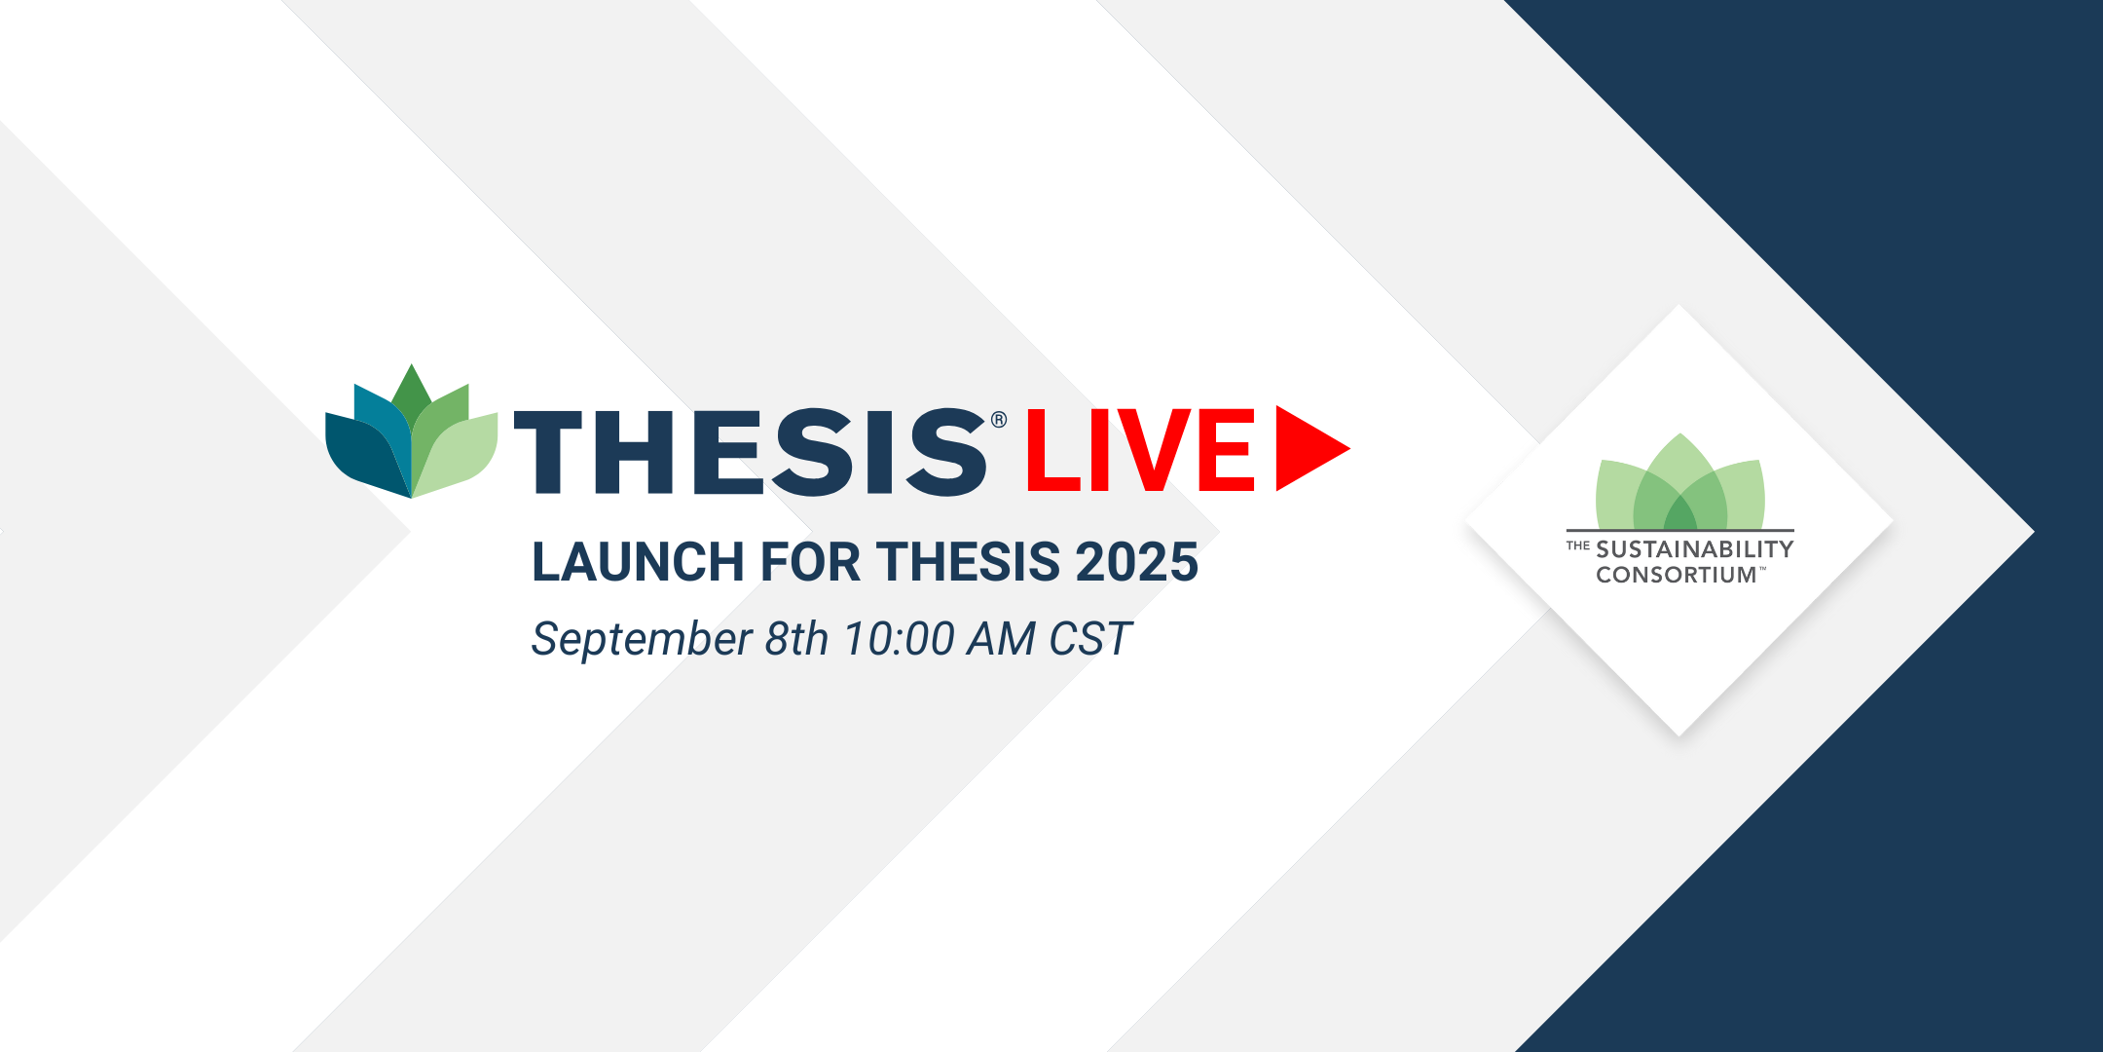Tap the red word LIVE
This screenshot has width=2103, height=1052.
[x=1140, y=450]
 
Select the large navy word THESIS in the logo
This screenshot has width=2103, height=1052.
[x=750, y=452]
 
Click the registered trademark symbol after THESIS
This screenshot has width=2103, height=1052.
[x=999, y=420]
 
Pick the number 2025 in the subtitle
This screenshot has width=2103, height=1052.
[x=1136, y=562]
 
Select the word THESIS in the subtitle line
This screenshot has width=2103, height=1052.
[x=968, y=562]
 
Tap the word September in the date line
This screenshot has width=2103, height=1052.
[x=642, y=640]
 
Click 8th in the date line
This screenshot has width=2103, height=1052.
[x=796, y=639]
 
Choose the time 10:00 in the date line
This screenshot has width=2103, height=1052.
[x=899, y=639]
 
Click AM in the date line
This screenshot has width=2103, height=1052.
[x=1001, y=639]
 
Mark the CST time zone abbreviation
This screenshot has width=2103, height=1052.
[x=1090, y=639]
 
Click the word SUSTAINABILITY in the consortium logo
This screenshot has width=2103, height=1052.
[x=1695, y=549]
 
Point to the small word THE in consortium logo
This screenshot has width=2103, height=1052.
[x=1578, y=545]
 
